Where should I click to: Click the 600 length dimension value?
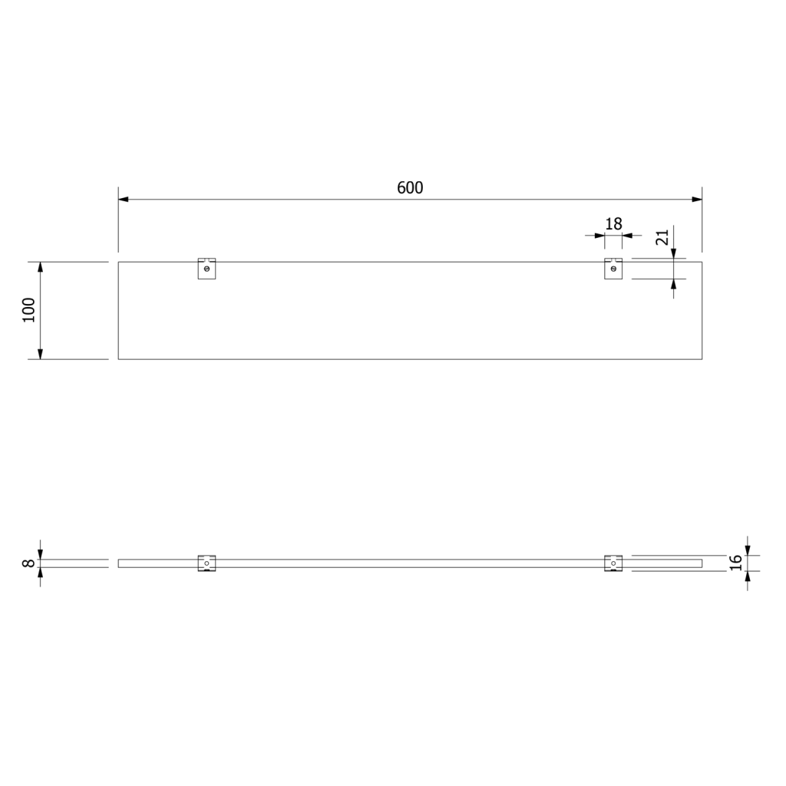coord(410,187)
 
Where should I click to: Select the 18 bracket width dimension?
coord(613,223)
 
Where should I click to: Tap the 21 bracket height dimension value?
coord(662,237)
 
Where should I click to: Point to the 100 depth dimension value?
coord(29,310)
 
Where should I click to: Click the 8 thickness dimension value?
coord(29,563)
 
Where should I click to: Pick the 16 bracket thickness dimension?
coord(735,563)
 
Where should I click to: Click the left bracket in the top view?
coord(206,268)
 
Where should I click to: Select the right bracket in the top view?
coord(613,268)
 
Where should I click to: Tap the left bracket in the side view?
coord(206,563)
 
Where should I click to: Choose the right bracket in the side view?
coord(613,563)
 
